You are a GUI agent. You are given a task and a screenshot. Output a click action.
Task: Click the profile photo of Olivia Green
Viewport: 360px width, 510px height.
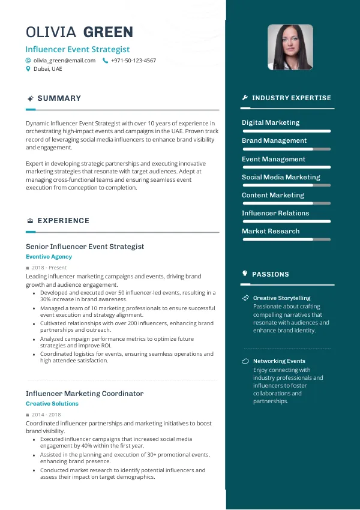pos(290,47)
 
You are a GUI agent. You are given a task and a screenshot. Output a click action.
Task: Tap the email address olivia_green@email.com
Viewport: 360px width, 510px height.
pos(64,61)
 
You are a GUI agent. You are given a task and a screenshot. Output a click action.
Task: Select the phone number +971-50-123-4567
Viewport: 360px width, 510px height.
pos(133,61)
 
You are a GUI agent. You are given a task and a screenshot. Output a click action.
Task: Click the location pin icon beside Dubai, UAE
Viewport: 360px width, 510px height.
pos(28,69)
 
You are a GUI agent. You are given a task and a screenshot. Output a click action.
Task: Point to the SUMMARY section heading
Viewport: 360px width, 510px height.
pos(59,98)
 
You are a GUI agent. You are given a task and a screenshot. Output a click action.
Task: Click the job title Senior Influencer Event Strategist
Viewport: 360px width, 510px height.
pos(85,247)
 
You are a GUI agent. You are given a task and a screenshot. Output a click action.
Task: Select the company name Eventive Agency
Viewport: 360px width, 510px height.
pos(49,257)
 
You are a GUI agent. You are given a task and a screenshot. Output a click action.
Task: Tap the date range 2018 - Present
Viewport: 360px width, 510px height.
pos(49,268)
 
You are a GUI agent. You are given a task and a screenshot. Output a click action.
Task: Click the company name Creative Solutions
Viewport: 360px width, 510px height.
pos(52,404)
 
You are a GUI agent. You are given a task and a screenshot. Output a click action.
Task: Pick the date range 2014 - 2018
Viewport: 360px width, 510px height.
pos(46,415)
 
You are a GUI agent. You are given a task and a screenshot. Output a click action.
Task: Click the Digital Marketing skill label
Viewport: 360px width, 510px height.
pos(271,122)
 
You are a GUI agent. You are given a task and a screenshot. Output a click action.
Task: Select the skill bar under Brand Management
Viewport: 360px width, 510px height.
pos(286,149)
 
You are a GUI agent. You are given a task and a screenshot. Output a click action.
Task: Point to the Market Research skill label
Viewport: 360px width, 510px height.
pos(271,231)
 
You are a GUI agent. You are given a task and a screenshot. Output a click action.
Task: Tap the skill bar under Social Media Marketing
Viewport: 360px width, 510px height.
pos(286,185)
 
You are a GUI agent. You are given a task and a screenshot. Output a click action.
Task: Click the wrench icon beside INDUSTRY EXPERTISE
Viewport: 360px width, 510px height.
pos(245,98)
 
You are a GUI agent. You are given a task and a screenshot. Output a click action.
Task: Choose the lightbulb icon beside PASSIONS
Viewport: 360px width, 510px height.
pos(245,274)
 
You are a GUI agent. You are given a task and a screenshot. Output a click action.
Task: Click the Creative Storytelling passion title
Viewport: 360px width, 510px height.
pos(281,298)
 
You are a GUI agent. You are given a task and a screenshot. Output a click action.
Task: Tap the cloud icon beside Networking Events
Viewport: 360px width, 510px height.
pos(245,361)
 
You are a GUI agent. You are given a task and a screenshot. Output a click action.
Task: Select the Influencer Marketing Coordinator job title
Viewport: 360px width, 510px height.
pos(85,394)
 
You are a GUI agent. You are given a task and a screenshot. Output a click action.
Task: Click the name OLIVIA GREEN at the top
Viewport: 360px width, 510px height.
pos(80,32)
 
